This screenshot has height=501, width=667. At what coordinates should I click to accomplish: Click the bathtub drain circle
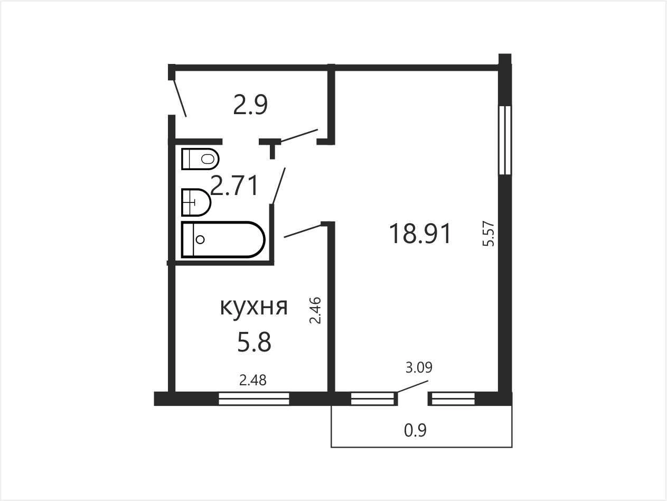click(200, 239)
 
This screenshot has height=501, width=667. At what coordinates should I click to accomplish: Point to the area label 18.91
click(420, 234)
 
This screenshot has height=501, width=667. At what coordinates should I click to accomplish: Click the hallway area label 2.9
click(250, 105)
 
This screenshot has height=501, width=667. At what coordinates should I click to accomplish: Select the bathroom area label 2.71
click(234, 185)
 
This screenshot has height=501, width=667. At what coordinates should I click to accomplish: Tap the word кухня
click(253, 308)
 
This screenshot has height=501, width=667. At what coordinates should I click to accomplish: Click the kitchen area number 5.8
click(254, 342)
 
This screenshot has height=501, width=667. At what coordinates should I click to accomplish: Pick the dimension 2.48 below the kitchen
click(253, 380)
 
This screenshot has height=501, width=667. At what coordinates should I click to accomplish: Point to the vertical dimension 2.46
click(315, 310)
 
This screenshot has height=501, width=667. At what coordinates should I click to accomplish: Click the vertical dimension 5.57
click(488, 234)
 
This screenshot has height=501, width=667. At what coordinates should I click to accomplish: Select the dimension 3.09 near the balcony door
click(419, 367)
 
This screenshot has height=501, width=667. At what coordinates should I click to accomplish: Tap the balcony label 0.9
click(416, 430)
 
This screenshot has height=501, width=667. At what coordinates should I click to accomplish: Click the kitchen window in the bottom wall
click(253, 399)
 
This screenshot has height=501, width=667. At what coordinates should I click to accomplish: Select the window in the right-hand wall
click(505, 140)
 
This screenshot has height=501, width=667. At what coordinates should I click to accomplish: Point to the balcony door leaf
click(412, 387)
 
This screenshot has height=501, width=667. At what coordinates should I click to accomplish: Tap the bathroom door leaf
click(279, 185)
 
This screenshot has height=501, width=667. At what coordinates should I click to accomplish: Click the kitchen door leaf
click(303, 231)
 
